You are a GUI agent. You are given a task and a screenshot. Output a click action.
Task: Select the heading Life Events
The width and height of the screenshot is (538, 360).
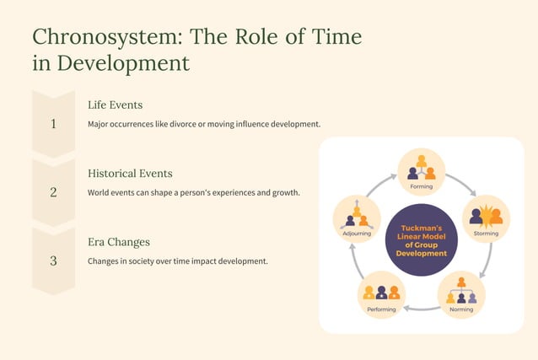(x=115, y=105)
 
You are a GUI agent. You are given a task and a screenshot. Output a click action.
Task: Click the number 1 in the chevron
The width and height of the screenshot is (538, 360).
(x=53, y=124)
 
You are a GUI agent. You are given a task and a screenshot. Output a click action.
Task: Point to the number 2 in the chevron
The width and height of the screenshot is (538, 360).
(x=53, y=192)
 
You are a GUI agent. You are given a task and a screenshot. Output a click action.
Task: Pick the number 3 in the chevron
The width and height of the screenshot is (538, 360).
(x=53, y=261)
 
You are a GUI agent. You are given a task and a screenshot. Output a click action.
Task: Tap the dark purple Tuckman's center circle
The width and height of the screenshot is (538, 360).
(x=421, y=239)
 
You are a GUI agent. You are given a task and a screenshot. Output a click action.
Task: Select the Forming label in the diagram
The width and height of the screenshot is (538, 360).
(x=421, y=185)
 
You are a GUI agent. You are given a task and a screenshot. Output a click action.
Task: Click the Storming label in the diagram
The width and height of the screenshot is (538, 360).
(x=486, y=233)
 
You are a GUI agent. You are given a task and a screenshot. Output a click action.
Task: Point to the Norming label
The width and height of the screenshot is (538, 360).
(x=461, y=309)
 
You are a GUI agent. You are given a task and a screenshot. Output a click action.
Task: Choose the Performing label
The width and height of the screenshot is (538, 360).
(x=381, y=309)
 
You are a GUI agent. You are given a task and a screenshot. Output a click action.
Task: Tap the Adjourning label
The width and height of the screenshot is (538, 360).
(x=356, y=233)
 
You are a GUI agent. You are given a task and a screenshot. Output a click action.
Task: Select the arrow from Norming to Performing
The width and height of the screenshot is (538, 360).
(x=421, y=309)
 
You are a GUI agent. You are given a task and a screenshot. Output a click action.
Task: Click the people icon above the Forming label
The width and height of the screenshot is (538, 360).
(x=421, y=166)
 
